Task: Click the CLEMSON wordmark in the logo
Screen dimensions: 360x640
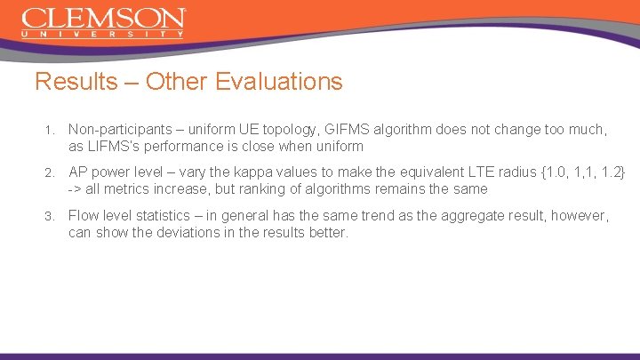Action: (104, 19)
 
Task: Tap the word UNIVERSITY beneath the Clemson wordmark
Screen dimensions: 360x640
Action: (104, 35)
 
